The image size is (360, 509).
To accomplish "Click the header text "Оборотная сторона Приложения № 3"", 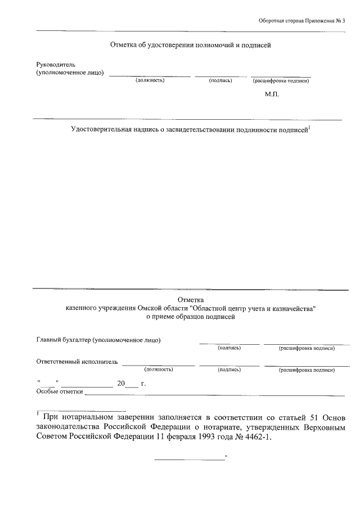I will click(301, 21).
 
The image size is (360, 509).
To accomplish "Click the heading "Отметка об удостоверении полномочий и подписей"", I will click(191, 44).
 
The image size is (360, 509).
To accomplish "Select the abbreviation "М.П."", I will click(272, 94).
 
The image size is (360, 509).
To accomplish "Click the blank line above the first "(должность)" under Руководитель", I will click(150, 75).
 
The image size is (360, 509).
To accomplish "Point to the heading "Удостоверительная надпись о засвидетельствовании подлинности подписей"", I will click(189, 130).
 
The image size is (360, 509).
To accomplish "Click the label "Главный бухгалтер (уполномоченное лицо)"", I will click(99, 340).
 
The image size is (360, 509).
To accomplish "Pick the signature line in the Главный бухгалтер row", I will click(229, 343).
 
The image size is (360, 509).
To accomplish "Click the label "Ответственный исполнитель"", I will click(77, 362).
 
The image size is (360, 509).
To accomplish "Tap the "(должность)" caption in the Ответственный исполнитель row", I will click(158, 370).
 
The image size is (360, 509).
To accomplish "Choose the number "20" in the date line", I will click(120, 384).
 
